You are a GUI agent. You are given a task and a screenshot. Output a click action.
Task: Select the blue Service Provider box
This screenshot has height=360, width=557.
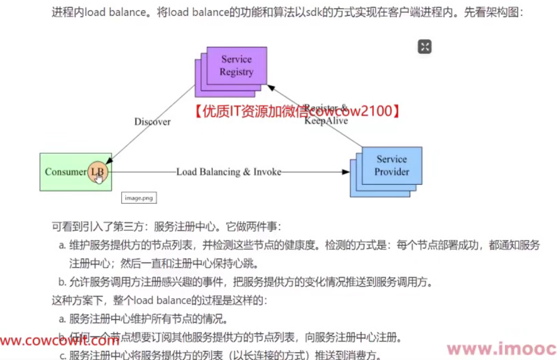[392, 165]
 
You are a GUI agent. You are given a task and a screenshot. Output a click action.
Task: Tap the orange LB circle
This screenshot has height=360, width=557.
[97, 172]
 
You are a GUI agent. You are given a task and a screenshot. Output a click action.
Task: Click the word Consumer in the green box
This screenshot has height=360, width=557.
[65, 172]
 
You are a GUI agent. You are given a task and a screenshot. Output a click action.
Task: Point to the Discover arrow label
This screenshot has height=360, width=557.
[152, 122]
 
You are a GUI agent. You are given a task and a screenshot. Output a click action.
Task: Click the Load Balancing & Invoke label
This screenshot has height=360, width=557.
[228, 172]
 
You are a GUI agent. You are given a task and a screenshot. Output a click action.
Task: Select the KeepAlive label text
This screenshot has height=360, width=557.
[326, 121]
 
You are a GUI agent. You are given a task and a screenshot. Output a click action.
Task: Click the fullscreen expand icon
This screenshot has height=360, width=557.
[425, 46]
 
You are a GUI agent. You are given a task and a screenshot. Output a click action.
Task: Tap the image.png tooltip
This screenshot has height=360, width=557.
[139, 198]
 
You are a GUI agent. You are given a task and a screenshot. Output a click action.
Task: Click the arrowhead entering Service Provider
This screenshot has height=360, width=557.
[346, 172]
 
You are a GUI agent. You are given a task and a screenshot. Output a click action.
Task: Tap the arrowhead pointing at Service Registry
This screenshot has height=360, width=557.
[270, 87]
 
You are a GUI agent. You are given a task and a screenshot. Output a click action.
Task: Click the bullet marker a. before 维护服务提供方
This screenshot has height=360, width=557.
[62, 246]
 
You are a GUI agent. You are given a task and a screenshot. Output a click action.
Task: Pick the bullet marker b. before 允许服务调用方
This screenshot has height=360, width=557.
[62, 283]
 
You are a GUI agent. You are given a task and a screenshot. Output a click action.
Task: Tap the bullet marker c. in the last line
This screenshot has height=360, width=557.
[62, 355]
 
